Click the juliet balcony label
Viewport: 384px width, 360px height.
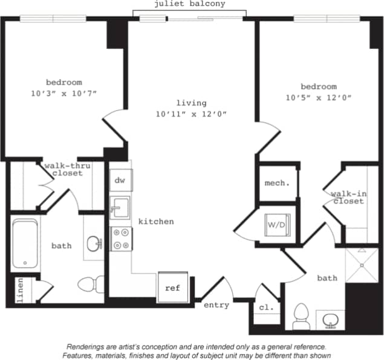(x=190, y=4)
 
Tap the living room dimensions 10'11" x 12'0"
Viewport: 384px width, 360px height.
(x=191, y=114)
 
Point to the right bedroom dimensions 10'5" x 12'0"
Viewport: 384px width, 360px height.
(x=319, y=97)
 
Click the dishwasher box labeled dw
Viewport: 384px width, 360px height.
(x=120, y=180)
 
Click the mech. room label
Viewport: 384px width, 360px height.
(x=277, y=182)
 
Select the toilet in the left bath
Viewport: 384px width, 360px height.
(x=89, y=283)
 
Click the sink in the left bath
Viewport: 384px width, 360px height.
(x=94, y=244)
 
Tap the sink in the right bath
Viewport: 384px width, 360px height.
(x=330, y=320)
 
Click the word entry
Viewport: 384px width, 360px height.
(x=216, y=305)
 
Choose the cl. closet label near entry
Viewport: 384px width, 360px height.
(x=266, y=307)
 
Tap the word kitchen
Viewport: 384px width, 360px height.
(x=156, y=222)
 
